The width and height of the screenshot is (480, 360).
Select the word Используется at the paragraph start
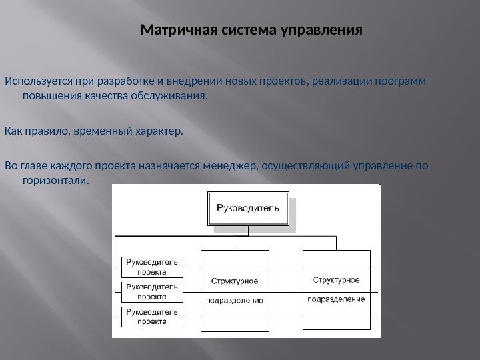point(37,82)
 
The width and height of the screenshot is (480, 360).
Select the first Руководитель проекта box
point(152,267)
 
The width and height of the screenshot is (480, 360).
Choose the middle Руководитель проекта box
point(152,291)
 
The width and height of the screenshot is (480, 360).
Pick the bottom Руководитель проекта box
point(152,316)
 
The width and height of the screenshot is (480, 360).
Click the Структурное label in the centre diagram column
point(235,280)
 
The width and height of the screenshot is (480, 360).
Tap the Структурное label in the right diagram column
point(336,279)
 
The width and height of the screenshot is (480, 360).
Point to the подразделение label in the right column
point(336,299)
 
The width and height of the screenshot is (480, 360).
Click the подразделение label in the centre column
point(235,300)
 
